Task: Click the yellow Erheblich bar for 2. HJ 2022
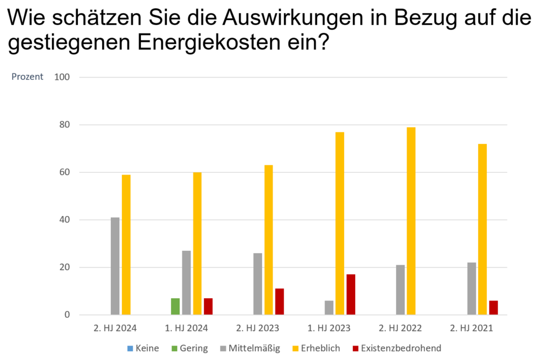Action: click(411, 221)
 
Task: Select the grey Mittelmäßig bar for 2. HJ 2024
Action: click(115, 266)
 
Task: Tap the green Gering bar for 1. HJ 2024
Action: click(176, 306)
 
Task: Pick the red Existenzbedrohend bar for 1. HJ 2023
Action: click(350, 295)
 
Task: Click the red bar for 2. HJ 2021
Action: click(493, 307)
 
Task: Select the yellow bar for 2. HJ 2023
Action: click(268, 240)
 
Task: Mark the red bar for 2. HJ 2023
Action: click(279, 302)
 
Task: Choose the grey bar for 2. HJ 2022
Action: click(400, 290)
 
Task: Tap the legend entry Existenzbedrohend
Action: click(396, 348)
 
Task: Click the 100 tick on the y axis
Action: click(62, 77)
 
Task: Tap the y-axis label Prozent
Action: click(27, 77)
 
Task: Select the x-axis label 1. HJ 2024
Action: click(187, 328)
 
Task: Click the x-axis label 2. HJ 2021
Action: click(472, 328)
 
